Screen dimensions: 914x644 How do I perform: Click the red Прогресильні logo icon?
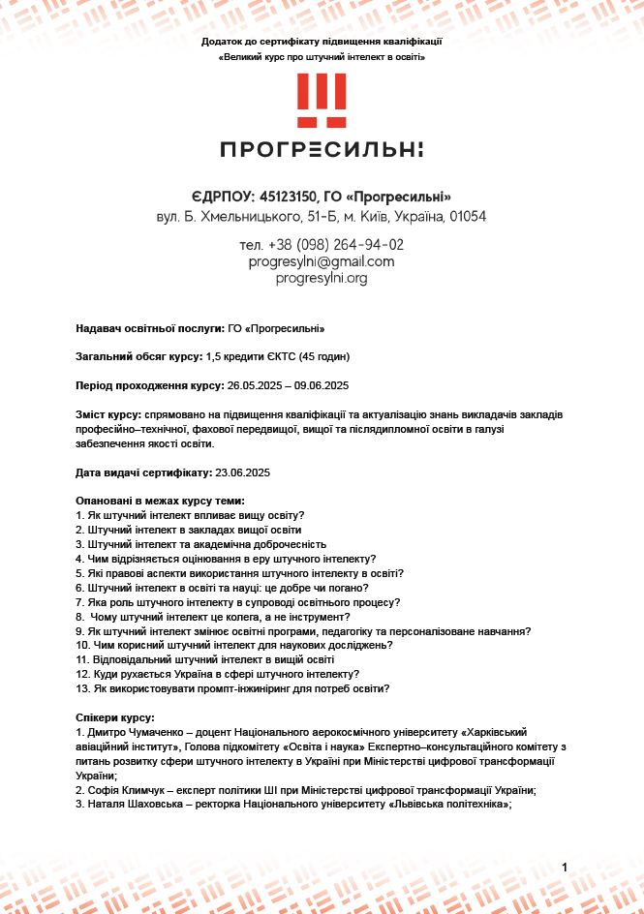coord(321,100)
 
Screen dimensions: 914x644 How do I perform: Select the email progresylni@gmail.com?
coord(322,261)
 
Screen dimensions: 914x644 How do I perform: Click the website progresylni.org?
coord(322,278)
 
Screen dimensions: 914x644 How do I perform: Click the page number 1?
coord(565,868)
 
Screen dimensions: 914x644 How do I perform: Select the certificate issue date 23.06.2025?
coord(241,472)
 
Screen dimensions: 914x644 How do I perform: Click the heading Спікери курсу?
coord(114,717)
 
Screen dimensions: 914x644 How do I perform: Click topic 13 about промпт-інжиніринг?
coord(232,688)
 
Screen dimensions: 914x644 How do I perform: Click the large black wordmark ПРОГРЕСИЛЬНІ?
coord(322,149)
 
